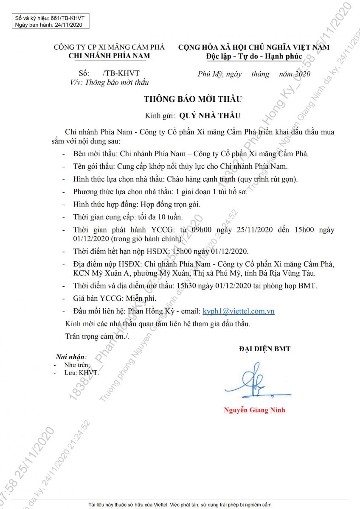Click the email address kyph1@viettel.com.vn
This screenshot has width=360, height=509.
239,311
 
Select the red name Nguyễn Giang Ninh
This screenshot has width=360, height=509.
254,410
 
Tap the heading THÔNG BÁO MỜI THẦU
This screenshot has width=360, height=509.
193,99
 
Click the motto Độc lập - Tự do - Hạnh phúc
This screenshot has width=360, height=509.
254,56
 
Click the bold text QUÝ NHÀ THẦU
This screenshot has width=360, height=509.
210,115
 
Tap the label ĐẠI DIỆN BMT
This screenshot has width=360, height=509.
264,349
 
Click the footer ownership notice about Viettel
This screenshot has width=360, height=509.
180,505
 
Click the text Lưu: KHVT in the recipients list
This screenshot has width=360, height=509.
81,372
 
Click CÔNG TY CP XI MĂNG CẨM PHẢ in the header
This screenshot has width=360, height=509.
109,47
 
